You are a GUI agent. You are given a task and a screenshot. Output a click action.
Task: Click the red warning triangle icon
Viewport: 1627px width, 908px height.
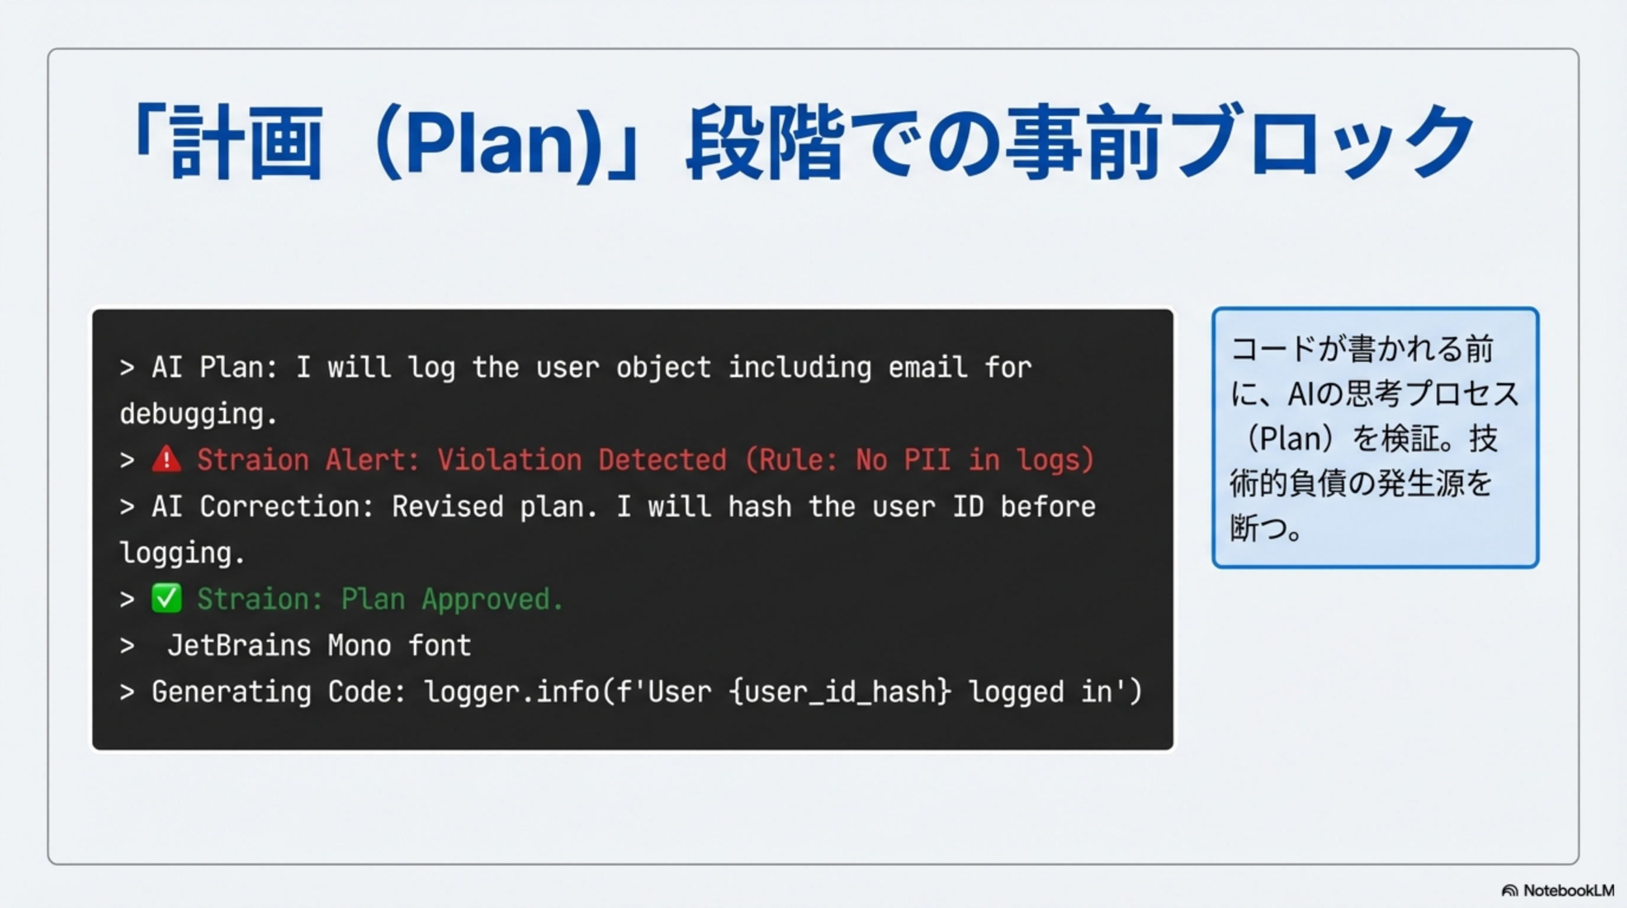[166, 459]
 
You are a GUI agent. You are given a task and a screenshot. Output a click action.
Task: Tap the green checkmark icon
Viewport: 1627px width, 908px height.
[166, 599]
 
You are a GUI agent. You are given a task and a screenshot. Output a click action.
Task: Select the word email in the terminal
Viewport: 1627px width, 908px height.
[928, 368]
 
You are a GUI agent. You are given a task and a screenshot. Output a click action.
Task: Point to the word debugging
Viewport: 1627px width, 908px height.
[198, 414]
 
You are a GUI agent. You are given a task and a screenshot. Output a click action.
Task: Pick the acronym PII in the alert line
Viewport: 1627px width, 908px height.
[926, 460]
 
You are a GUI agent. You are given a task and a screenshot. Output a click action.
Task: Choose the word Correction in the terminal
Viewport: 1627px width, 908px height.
[287, 507]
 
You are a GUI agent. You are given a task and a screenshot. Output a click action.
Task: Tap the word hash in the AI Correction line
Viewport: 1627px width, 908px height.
[759, 507]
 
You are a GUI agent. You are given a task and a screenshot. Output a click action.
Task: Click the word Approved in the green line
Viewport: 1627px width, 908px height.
[492, 599]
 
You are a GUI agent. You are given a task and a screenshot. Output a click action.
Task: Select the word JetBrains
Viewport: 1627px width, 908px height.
[239, 646]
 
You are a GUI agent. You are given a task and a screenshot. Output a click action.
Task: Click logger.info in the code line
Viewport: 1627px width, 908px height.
[511, 692]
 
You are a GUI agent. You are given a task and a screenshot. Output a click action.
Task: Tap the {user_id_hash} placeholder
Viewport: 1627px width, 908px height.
[840, 692]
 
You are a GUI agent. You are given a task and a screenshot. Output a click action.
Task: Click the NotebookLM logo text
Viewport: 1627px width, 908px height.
[1568, 890]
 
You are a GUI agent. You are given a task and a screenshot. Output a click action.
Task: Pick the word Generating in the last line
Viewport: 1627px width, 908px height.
[231, 692]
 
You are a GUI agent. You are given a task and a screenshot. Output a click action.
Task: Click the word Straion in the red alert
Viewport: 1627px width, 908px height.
[253, 460]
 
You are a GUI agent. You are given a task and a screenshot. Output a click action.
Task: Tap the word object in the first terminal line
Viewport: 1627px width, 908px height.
[663, 368]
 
